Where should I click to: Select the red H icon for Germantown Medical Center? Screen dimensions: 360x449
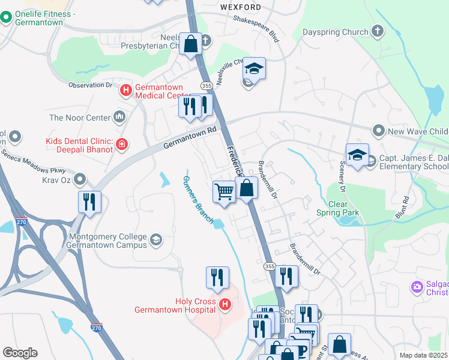coord(126,91)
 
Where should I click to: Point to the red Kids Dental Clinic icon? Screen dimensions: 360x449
coord(121,144)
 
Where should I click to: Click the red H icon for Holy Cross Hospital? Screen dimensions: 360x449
coord(225,305)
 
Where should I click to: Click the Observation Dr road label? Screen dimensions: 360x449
coord(91,85)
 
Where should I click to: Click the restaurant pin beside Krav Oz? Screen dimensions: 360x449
coord(89,202)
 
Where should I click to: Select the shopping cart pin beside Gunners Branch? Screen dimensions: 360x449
coord(224,192)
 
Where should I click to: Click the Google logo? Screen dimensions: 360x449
coord(20,353)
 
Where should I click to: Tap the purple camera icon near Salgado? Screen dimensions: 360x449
coord(417,287)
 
